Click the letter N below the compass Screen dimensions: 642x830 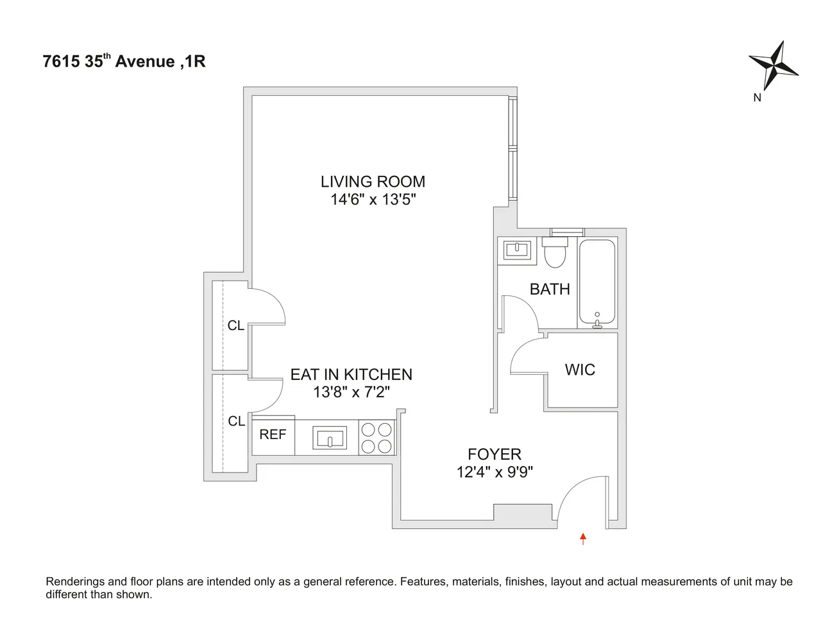(757, 98)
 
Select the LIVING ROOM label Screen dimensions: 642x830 (373, 182)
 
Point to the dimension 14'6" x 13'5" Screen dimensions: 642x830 (373, 200)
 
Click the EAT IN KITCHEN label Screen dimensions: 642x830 (351, 374)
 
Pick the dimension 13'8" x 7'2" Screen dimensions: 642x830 (351, 392)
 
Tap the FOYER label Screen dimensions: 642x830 (495, 455)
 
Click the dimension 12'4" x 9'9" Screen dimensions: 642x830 (495, 472)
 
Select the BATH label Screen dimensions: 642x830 (550, 289)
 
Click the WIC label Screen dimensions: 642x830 (580, 370)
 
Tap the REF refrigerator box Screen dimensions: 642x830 (273, 435)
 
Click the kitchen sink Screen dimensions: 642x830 (330, 438)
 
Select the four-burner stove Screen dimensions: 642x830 (376, 438)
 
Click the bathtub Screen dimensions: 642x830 (597, 282)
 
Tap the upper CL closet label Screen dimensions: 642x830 (236, 325)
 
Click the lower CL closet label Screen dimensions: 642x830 (237, 421)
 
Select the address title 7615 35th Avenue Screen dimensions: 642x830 (124, 62)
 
